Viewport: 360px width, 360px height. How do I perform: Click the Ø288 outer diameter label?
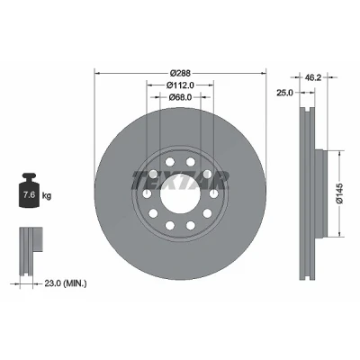180,73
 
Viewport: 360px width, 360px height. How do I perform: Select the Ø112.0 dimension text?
180,85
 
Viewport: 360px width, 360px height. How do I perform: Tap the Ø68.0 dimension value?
180,97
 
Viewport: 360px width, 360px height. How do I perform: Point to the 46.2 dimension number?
313,77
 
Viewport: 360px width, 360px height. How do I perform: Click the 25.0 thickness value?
284,93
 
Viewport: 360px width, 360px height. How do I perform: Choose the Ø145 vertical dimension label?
341,193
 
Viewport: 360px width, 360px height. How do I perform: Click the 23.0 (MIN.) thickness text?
66,283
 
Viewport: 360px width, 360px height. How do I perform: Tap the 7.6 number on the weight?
29,195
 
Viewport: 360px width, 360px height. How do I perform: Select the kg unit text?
47,196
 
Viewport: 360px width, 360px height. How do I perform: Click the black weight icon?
29,190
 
